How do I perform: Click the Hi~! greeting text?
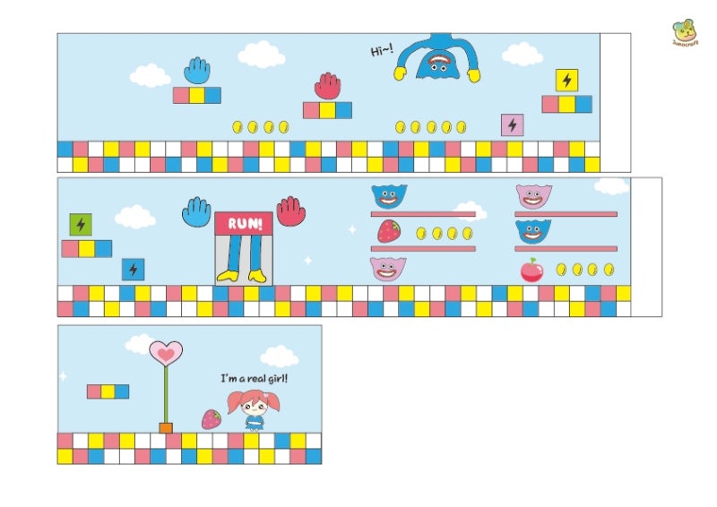click(x=382, y=51)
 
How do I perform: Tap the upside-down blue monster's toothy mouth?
click(x=439, y=64)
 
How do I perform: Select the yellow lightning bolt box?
click(x=566, y=81)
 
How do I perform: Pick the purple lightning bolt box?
click(x=512, y=125)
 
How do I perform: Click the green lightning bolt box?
click(x=81, y=224)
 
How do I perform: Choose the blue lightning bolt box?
click(x=133, y=269)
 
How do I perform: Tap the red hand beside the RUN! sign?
click(x=291, y=211)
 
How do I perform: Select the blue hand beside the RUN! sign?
click(x=196, y=212)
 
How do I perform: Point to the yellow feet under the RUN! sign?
click(x=244, y=276)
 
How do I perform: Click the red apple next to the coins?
click(x=531, y=270)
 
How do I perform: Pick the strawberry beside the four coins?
click(x=388, y=231)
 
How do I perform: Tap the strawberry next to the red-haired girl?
click(x=211, y=418)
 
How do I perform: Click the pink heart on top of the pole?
click(x=166, y=354)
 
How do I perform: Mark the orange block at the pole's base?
click(x=166, y=427)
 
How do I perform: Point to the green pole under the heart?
click(x=166, y=394)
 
